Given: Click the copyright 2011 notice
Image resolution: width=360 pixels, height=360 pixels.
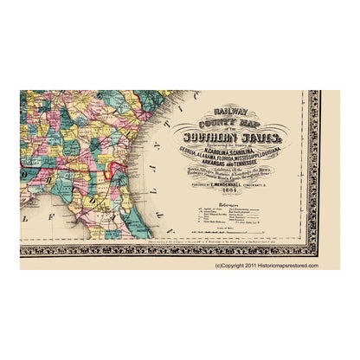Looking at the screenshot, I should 233,266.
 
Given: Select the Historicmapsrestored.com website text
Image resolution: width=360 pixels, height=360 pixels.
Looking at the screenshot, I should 286,266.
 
